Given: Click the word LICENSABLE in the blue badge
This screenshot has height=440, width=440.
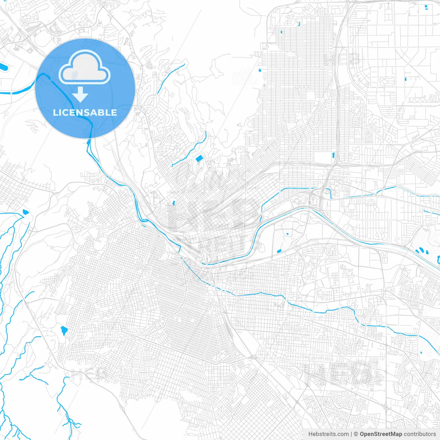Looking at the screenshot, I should click(x=85, y=112).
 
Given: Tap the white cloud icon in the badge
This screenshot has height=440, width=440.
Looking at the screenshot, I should click(x=85, y=67).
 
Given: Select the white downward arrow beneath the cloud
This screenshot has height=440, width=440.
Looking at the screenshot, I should click(x=80, y=94).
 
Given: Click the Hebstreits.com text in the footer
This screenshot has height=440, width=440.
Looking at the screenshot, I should click(x=329, y=434).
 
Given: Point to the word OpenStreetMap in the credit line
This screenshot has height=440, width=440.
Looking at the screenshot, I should click(x=381, y=434).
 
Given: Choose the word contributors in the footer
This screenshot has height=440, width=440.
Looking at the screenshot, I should click(x=420, y=434).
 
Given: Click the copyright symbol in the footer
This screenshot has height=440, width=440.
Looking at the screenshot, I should click(x=356, y=434).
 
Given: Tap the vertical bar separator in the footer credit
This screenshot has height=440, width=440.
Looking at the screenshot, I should click(x=351, y=434).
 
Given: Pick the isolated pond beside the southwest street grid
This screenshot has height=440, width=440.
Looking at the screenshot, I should click(x=64, y=331).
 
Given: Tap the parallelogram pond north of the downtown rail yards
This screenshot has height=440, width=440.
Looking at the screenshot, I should click(x=199, y=158).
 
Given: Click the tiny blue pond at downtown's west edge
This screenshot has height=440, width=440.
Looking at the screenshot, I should click(x=173, y=203).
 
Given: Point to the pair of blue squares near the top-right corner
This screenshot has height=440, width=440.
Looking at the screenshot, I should click(x=426, y=7).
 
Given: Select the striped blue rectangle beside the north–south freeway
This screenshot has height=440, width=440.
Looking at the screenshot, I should click(x=333, y=155).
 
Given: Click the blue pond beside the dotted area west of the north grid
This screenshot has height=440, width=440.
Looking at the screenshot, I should click(x=260, y=70).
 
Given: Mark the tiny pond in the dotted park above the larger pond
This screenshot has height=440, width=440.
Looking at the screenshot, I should click(x=287, y=234).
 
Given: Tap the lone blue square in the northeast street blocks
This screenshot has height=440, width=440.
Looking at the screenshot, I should click(x=406, y=79).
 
